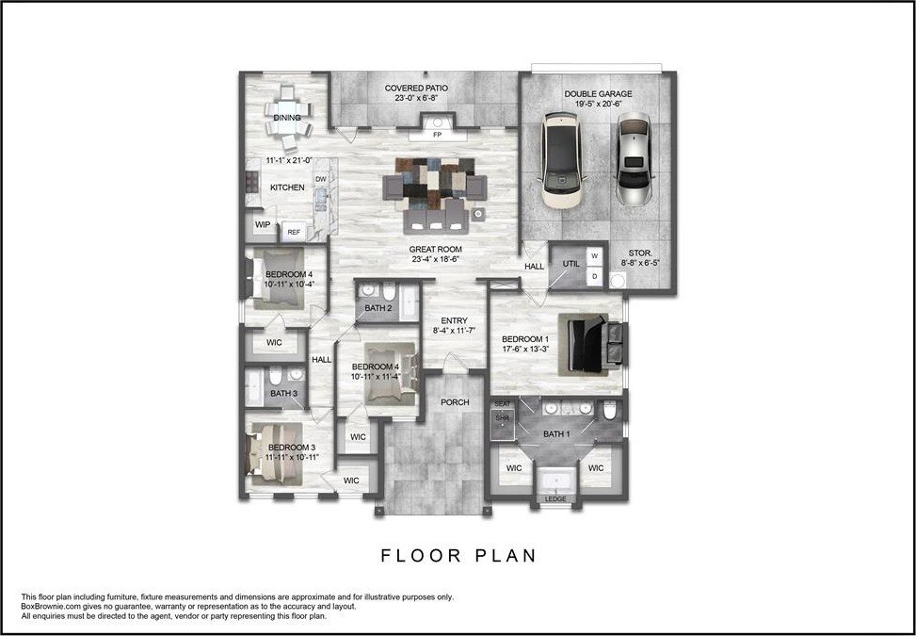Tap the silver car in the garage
tap(634, 158)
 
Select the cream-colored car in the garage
tap(562, 159)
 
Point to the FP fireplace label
tap(437, 135)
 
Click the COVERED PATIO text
tap(416, 89)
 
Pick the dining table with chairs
tap(288, 119)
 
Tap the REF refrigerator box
tap(294, 232)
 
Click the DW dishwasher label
tap(321, 179)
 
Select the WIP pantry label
tap(263, 224)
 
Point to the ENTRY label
tap(454, 320)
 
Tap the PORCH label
tap(455, 402)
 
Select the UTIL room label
tap(570, 264)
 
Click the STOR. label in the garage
tap(639, 253)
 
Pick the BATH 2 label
tap(378, 308)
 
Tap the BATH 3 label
tap(283, 394)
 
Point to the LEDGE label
tap(555, 499)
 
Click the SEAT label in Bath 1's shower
tap(503, 404)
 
